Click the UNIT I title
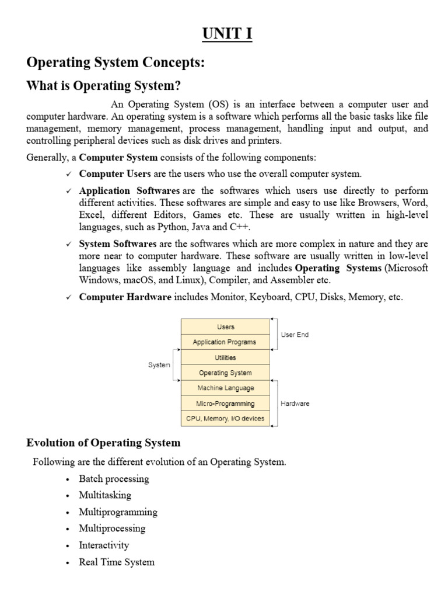click(228, 34)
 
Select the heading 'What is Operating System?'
click(104, 86)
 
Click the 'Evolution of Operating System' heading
click(103, 443)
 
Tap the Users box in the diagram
click(225, 327)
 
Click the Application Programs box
click(225, 342)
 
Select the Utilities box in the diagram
click(225, 357)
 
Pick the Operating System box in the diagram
click(225, 373)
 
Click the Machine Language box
click(225, 388)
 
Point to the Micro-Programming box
click(225, 403)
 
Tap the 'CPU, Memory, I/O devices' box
click(225, 418)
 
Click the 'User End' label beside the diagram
click(295, 335)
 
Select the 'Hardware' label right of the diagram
click(295, 403)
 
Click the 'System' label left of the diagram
click(159, 365)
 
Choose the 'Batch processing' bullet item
click(114, 479)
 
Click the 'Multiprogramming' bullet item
click(118, 512)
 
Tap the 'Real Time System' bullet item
click(117, 562)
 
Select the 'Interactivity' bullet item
click(104, 545)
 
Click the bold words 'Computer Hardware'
click(125, 297)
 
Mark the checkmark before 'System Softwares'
click(69, 244)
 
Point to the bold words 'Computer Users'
click(115, 174)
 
